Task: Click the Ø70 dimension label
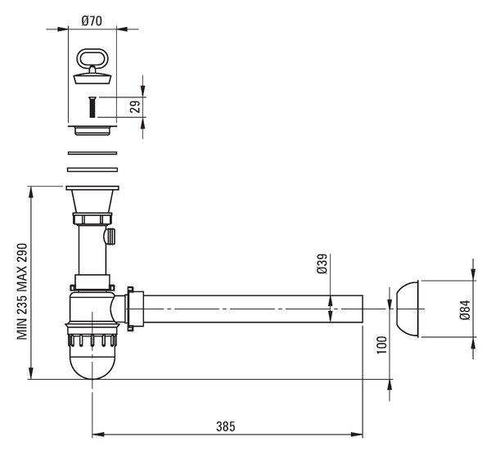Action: click(x=92, y=21)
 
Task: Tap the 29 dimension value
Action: click(x=135, y=107)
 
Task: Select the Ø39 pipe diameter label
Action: click(x=322, y=264)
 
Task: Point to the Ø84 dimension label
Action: click(x=466, y=309)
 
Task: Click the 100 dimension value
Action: click(x=381, y=345)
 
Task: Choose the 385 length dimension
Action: click(x=226, y=426)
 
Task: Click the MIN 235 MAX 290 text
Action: click(x=22, y=291)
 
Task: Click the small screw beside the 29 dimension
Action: click(x=92, y=107)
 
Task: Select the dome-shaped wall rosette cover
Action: click(x=407, y=309)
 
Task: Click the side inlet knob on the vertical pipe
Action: click(x=110, y=237)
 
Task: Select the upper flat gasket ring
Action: click(x=92, y=153)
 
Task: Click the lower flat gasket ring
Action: click(x=92, y=169)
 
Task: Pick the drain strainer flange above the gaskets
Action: click(x=92, y=130)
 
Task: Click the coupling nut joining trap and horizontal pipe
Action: click(x=134, y=309)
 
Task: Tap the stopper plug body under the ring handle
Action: click(x=92, y=79)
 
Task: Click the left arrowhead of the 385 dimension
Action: click(x=98, y=435)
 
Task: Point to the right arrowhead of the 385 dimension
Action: click(x=357, y=435)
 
